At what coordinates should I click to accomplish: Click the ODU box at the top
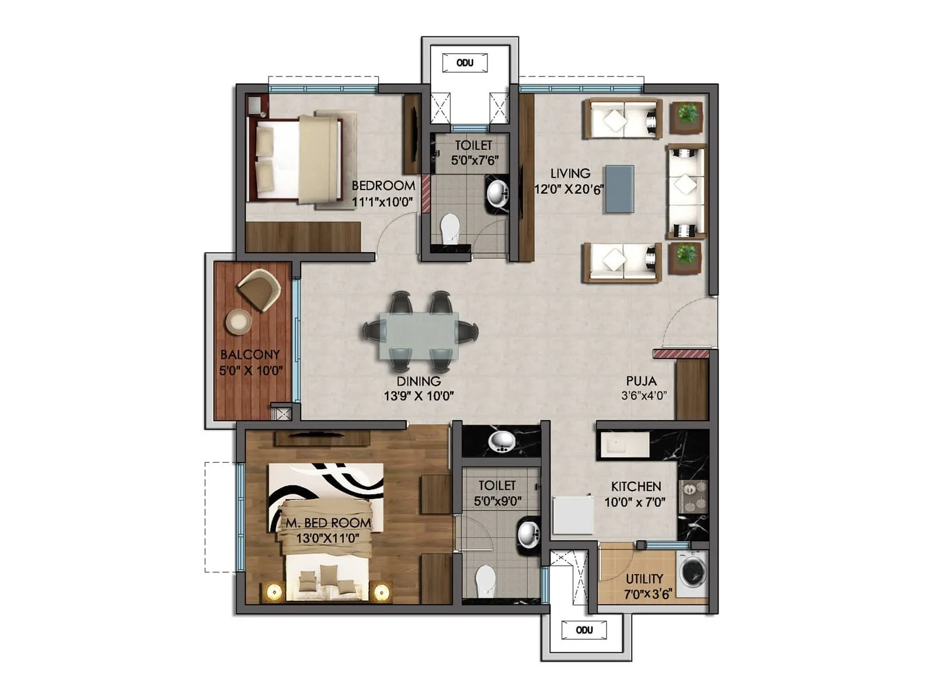click(465, 63)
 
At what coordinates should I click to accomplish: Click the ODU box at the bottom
click(584, 630)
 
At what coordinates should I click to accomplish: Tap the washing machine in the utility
click(692, 570)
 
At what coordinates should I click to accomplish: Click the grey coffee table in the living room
click(619, 189)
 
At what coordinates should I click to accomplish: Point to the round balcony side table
click(238, 322)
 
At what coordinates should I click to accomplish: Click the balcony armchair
click(259, 289)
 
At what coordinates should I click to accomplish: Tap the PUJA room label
click(641, 381)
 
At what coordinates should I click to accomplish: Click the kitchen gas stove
click(692, 496)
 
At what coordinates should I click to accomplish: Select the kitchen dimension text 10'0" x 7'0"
click(635, 502)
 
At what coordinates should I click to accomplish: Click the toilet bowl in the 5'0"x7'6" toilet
click(449, 228)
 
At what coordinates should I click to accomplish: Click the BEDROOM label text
click(383, 185)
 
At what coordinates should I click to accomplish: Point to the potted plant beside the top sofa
click(686, 114)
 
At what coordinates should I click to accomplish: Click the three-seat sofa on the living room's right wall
click(685, 191)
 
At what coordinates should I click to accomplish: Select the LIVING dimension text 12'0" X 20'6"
click(569, 189)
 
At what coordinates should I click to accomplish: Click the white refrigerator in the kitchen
click(573, 515)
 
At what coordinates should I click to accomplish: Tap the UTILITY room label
click(644, 579)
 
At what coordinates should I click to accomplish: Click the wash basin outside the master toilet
click(501, 442)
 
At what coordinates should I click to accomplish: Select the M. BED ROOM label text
click(327, 523)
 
